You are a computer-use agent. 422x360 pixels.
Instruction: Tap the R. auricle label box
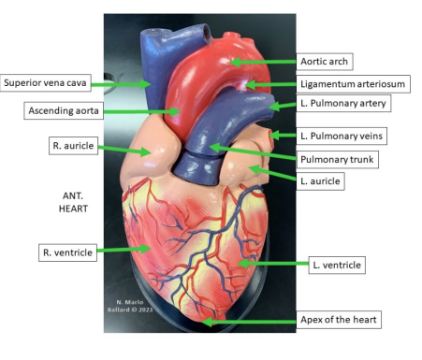[70, 146]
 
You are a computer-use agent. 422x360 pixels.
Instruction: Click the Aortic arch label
[324, 62]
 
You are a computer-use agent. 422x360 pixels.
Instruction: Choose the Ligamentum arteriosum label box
[352, 84]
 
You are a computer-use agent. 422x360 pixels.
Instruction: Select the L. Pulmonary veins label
[342, 137]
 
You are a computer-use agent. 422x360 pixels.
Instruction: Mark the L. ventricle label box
[335, 266]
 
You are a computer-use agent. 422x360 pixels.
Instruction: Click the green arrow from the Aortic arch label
[263, 62]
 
